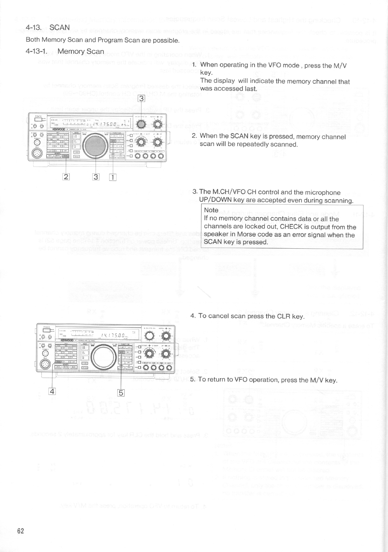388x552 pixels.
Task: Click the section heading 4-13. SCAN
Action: click(x=48, y=28)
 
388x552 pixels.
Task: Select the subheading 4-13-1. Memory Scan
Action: click(x=65, y=51)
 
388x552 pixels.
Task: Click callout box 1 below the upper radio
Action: click(x=113, y=177)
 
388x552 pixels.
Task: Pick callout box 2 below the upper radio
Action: click(x=66, y=177)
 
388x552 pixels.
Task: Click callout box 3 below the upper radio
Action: click(x=96, y=177)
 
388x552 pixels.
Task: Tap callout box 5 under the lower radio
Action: click(x=121, y=393)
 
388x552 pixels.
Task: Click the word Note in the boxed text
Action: click(x=211, y=210)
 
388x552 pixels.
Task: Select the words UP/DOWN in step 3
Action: click(x=215, y=200)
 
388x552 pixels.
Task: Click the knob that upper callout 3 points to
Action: click(x=141, y=124)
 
